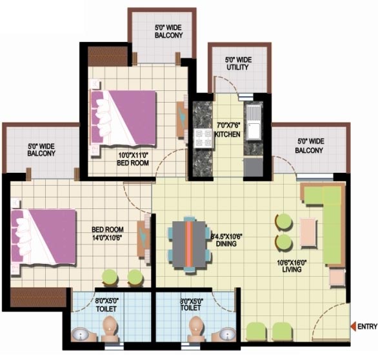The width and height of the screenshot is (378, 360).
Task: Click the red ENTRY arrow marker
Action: tap(353, 326)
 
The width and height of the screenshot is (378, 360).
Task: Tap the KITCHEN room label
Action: tap(227, 134)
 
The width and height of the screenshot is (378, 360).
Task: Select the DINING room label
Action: tap(226, 243)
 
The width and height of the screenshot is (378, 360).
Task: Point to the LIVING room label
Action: tap(292, 269)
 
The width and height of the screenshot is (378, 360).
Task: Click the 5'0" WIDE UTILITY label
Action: tap(238, 63)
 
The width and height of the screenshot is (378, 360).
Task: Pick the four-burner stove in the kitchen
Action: tap(203, 139)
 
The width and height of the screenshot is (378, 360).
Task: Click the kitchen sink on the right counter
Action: tap(253, 123)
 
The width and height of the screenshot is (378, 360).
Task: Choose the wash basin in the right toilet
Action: tap(227, 334)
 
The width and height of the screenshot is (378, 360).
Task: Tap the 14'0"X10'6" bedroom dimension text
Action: tap(107, 238)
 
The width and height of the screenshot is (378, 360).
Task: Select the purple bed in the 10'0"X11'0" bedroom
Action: tap(123, 119)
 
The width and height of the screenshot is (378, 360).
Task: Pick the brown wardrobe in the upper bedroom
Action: tap(108, 56)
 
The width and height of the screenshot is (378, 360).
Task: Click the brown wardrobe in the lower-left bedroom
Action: tap(38, 297)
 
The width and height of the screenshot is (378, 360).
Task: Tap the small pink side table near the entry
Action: tap(337, 278)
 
